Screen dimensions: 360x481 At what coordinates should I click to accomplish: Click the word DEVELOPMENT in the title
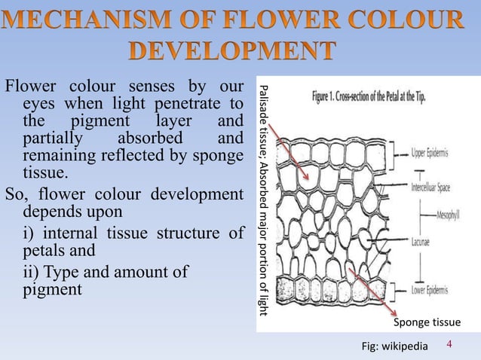tap(240, 51)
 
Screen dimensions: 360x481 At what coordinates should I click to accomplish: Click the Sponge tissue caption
tap(427, 322)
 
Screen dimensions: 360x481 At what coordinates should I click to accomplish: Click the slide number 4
tap(450, 344)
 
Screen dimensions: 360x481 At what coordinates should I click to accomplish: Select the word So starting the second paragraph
tap(16, 194)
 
